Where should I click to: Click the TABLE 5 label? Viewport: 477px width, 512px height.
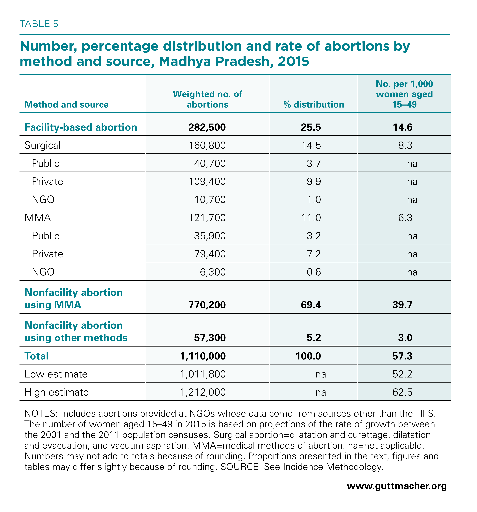point(39,24)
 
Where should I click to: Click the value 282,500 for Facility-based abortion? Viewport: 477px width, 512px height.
point(207,127)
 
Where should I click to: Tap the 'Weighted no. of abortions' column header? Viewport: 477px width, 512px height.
point(207,99)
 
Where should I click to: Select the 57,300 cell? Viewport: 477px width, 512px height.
point(210,338)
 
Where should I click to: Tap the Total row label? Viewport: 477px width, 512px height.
point(37,356)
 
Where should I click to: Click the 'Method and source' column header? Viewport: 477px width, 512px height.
point(67,105)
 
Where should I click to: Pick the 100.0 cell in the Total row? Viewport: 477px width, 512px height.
point(308,356)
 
